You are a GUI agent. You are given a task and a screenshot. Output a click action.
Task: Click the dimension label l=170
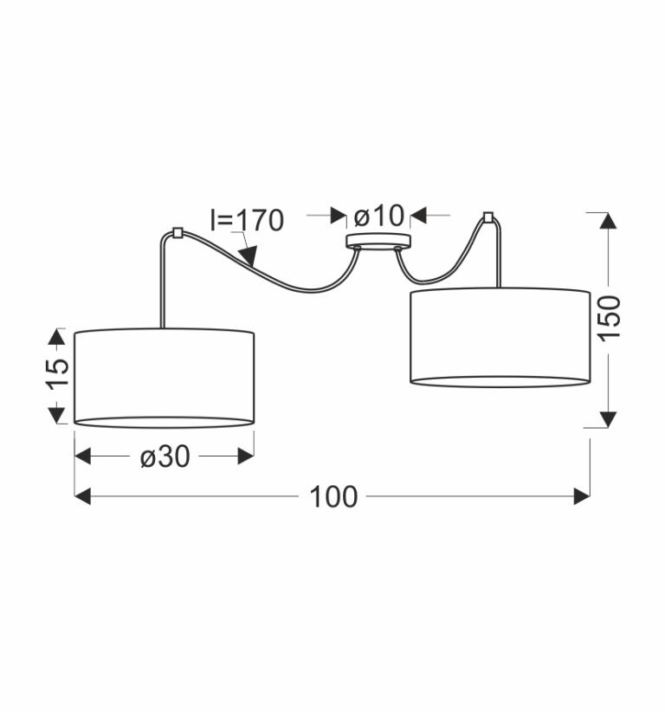pos(247,220)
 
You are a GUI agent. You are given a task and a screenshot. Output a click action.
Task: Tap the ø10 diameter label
pos(378,216)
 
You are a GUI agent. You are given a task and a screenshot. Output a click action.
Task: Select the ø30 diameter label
pos(165,456)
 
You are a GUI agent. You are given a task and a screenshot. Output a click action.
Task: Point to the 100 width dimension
pos(333,496)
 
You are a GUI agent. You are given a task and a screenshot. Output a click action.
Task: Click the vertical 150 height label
pos(609,317)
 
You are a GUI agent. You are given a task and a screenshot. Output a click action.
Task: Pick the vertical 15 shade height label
pos(57,374)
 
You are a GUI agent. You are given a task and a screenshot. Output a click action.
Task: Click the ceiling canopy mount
pos(378,241)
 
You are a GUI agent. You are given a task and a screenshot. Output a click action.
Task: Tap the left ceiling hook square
pos(178,233)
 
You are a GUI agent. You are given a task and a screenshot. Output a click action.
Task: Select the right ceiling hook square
pos(488,217)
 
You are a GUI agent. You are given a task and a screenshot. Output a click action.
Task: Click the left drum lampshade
pos(164,378)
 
